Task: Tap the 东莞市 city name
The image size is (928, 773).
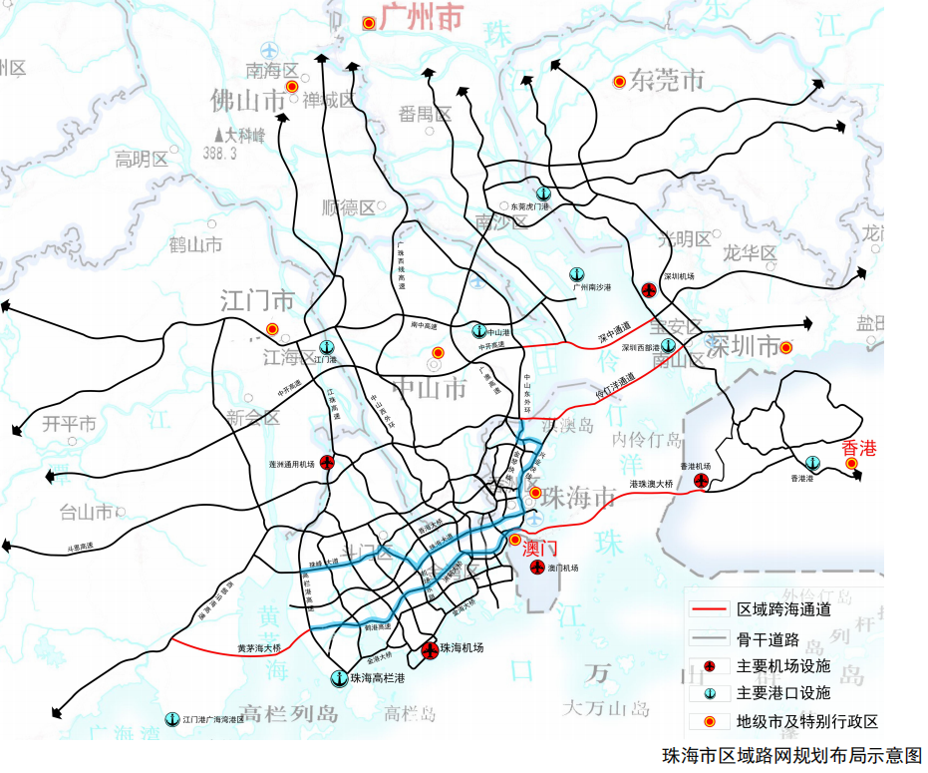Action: (x=667, y=81)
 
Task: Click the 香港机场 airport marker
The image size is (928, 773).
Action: (x=702, y=482)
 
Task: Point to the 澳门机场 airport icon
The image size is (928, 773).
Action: (x=536, y=569)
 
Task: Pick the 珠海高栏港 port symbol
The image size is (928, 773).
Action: (x=339, y=678)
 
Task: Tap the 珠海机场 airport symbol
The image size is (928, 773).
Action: (x=430, y=650)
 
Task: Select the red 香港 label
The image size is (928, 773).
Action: (x=858, y=448)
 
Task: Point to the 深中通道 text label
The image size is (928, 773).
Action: (x=615, y=332)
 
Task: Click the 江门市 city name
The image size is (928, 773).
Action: (x=257, y=300)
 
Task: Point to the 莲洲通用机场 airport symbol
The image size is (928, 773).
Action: (x=327, y=463)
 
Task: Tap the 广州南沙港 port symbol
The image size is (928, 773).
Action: (x=576, y=273)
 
